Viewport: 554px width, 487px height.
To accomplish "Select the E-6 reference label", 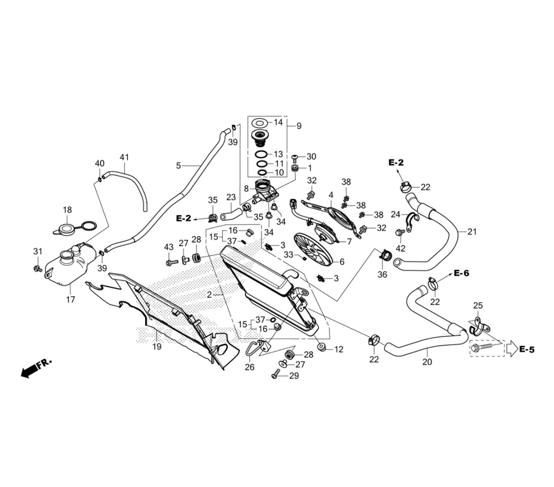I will coord(461,273).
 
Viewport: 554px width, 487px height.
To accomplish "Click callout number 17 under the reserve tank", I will coord(70,300).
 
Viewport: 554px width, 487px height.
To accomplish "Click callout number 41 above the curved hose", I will coord(124,158).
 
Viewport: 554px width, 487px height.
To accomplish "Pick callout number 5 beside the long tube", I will coord(178,165).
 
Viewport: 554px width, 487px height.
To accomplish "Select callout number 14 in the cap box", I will coord(278,122).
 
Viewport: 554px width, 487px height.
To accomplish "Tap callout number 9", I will coord(299,126).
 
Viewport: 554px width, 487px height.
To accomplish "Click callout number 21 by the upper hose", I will coord(471,232).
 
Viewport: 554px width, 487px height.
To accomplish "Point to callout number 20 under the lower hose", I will coord(427,362).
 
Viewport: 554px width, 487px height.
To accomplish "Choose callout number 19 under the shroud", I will coord(157,347).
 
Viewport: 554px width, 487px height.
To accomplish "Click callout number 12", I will coord(338,349).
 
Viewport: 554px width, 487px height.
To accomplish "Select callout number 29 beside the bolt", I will coord(294,376).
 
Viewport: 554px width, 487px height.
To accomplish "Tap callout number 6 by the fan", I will coord(342,262).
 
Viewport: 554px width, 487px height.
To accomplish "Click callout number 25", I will coord(478,305).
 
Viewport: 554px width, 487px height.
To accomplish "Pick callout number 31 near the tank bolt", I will coord(37,252).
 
